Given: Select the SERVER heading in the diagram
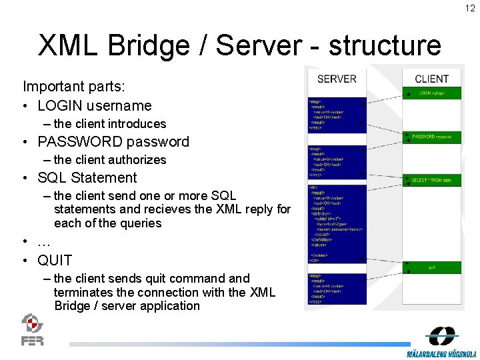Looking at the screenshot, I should point(337,79).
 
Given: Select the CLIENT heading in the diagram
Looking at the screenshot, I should point(431,79).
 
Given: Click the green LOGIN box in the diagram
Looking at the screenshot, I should point(432,93).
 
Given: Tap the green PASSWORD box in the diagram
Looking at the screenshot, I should point(433,136).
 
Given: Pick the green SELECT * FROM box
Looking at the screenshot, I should point(433,180).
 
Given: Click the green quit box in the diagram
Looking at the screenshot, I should point(432,267).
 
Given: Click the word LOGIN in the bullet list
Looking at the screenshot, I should point(61,105).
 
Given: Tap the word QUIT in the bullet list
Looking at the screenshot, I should point(55,260).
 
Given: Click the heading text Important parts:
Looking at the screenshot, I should point(74,86).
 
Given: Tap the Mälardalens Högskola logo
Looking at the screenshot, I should point(442,341).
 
